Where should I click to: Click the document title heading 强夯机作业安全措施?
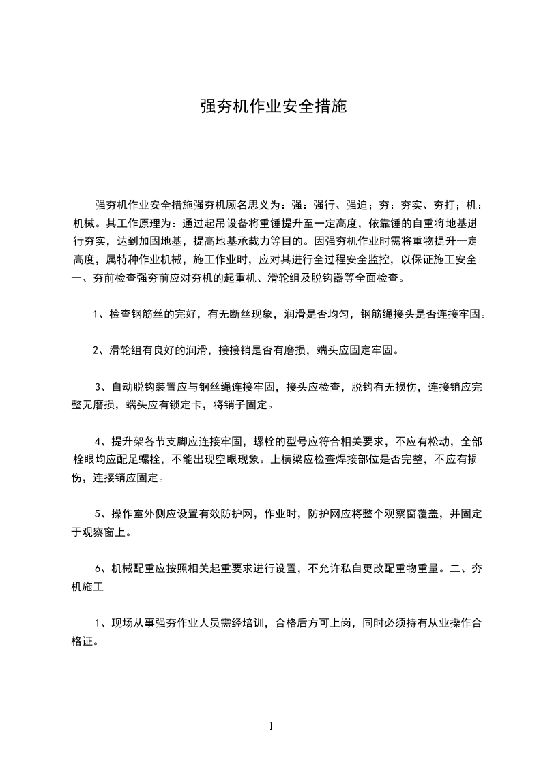click(273, 107)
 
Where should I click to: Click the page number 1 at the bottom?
click(271, 726)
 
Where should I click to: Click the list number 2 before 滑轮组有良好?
click(97, 351)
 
